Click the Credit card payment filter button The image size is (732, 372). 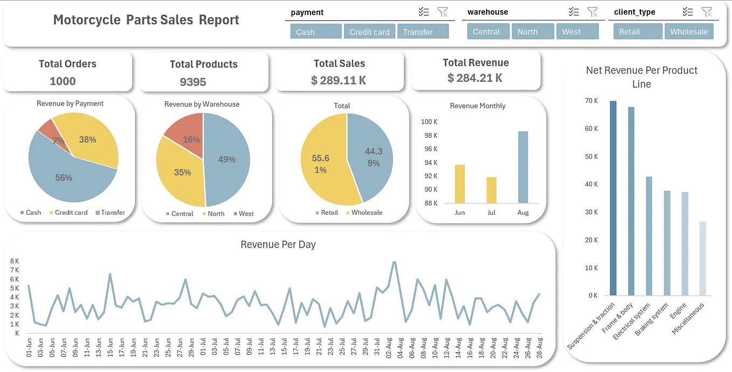pyautogui.click(x=369, y=32)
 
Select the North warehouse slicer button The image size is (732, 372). pyautogui.click(x=527, y=32)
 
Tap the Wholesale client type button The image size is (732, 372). pyautogui.click(x=688, y=32)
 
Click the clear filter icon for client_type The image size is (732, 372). pyautogui.click(x=707, y=12)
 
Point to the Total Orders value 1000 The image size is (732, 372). pyautogui.click(x=63, y=81)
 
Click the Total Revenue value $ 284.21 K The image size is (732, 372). pyautogui.click(x=475, y=78)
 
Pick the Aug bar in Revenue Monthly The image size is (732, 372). pyautogui.click(x=523, y=167)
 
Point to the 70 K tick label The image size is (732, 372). pyautogui.click(x=591, y=101)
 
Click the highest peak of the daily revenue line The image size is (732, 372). pyautogui.click(x=394, y=262)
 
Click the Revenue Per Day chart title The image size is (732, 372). pyautogui.click(x=278, y=244)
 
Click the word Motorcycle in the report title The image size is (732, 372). pyautogui.click(x=86, y=20)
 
